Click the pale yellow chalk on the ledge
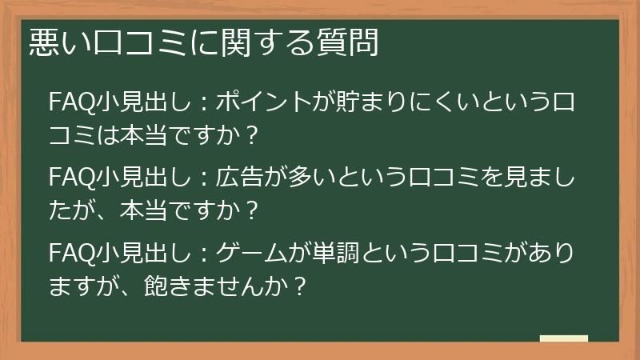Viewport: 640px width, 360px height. pos(563,339)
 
